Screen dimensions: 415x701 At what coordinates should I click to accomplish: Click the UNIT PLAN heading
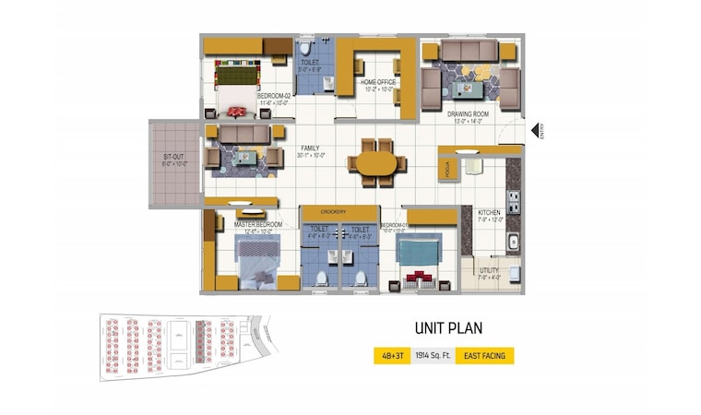[447, 327]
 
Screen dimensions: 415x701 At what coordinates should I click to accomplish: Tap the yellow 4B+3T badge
[391, 356]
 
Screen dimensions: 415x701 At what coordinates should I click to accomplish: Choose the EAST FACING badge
[485, 356]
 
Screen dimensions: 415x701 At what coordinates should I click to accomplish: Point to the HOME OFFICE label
[378, 83]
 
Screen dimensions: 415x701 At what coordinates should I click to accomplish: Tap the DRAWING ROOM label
[470, 114]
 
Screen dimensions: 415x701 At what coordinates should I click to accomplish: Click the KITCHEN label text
[489, 213]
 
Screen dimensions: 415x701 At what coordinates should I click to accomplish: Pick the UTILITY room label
[489, 270]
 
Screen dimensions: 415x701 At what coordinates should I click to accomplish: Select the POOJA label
[446, 170]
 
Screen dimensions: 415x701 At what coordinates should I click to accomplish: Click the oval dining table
[376, 163]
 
